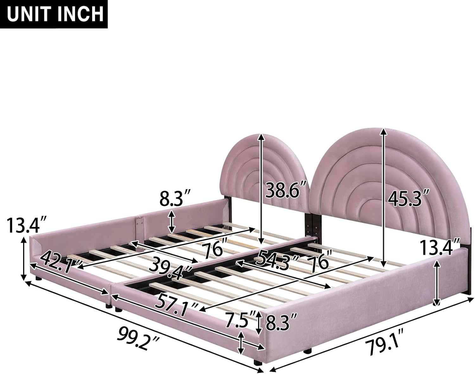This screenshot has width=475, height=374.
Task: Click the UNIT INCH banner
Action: click(54, 14)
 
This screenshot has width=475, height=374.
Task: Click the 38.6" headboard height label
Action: click(286, 191)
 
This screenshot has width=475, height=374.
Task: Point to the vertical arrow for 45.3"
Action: click(384, 196)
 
